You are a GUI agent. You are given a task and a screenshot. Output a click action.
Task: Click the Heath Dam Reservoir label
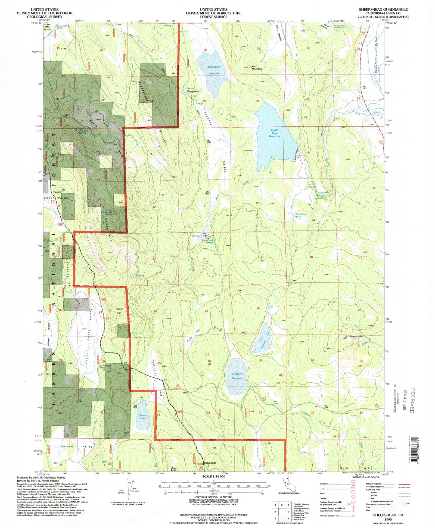(x=274, y=133)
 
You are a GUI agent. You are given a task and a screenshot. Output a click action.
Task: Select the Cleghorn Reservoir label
(x=237, y=376)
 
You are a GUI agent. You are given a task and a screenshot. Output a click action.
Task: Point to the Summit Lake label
(x=143, y=417)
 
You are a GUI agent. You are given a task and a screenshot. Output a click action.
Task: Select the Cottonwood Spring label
(x=323, y=194)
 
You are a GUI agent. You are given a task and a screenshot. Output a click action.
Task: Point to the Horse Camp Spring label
(x=301, y=215)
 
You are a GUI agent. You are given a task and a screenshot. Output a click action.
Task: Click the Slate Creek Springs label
(x=207, y=241)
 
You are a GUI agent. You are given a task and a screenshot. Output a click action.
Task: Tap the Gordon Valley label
(x=76, y=446)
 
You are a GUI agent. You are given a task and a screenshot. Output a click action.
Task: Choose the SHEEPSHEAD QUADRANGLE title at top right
(x=383, y=10)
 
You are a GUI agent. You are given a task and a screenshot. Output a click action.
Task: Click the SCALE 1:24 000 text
(x=214, y=477)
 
